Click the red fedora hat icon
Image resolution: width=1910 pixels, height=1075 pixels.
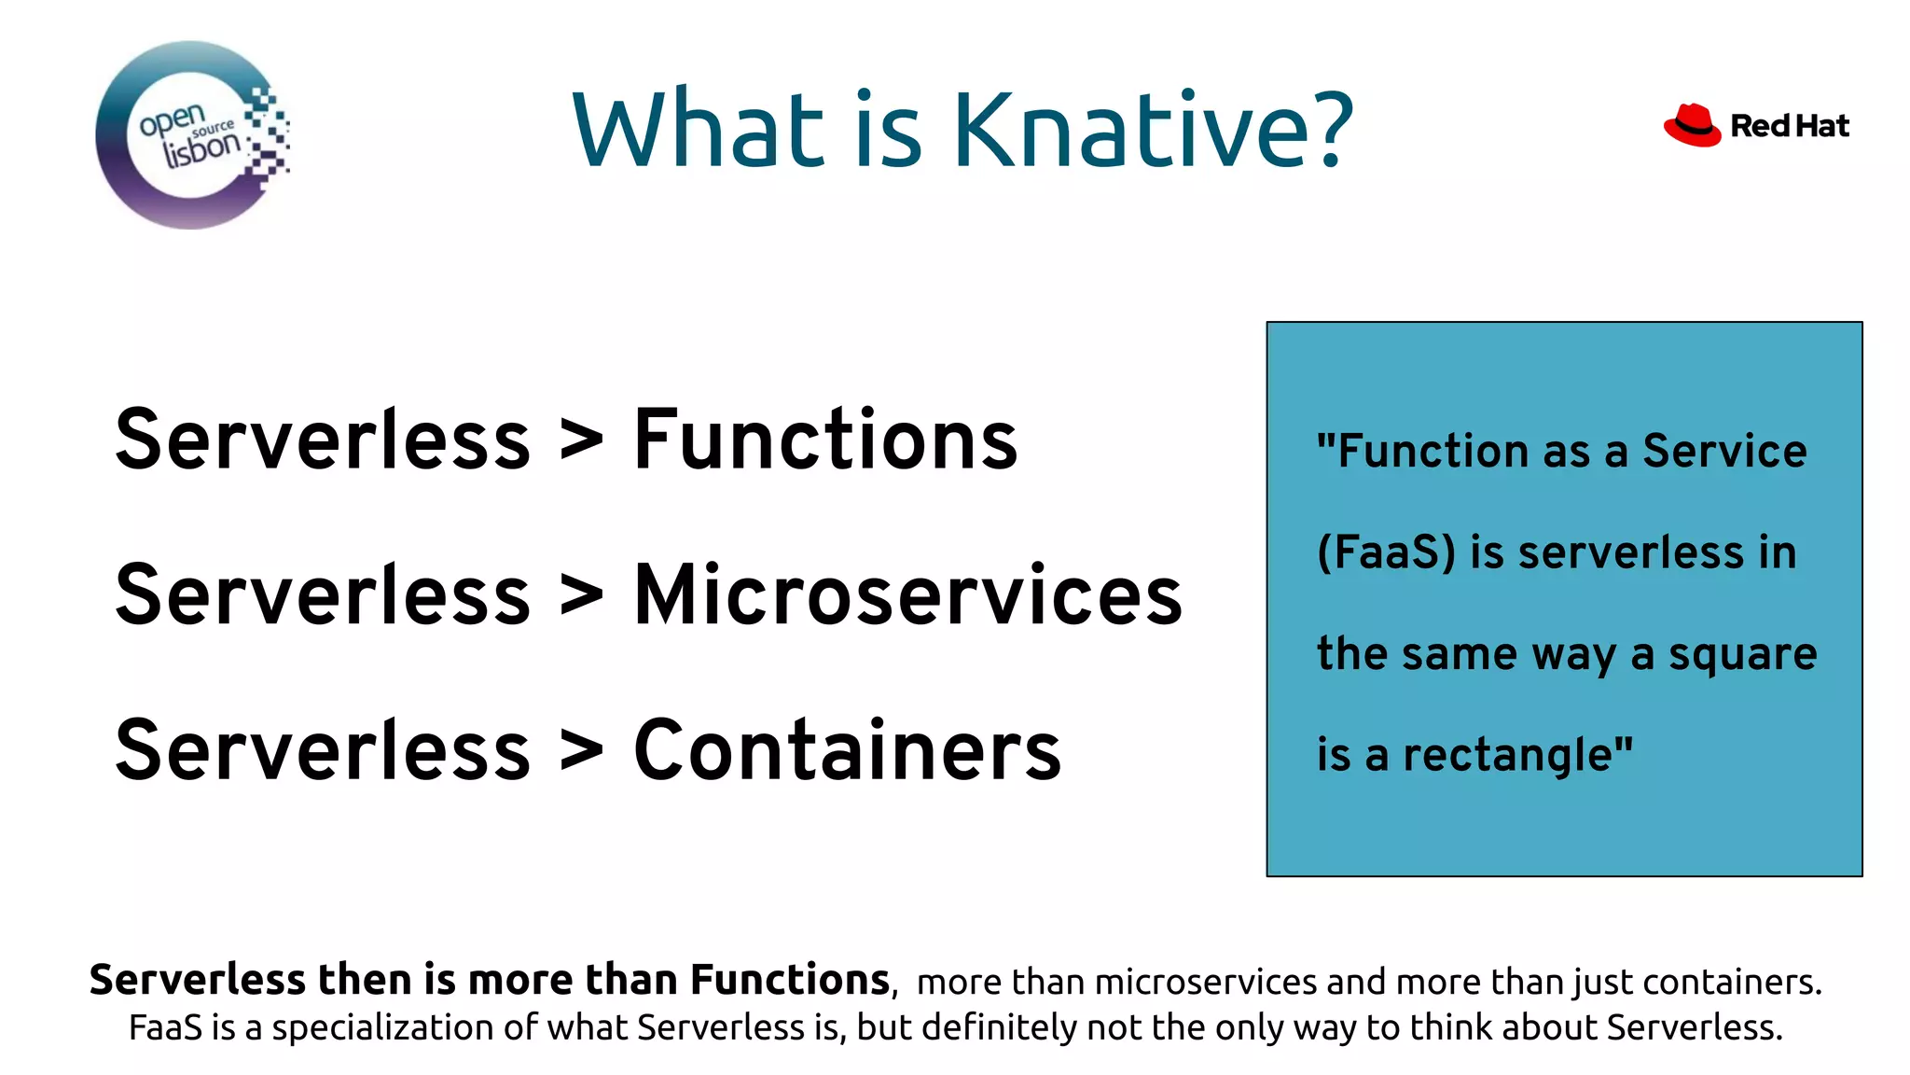pos(1692,125)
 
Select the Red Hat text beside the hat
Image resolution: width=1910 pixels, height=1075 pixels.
pos(1789,126)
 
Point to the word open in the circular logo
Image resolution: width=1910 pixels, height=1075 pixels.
pos(172,119)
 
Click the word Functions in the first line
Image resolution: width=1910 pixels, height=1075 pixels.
pos(824,440)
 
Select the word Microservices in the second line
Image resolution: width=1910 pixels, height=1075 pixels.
pos(907,595)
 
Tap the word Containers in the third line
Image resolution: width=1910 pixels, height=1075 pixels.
pos(847,751)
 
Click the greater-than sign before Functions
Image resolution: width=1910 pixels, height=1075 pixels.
pos(581,440)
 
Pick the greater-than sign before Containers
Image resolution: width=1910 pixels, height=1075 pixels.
pos(581,751)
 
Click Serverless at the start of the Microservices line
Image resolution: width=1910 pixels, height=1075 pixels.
pos(323,595)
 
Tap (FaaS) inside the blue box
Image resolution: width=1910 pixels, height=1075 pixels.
pos(1386,552)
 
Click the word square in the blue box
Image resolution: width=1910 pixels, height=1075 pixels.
pos(1742,655)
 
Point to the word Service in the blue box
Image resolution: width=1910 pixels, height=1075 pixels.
pos(1724,452)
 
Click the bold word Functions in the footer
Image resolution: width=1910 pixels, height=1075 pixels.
pos(789,980)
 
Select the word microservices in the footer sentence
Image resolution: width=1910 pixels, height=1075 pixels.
pos(1205,982)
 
